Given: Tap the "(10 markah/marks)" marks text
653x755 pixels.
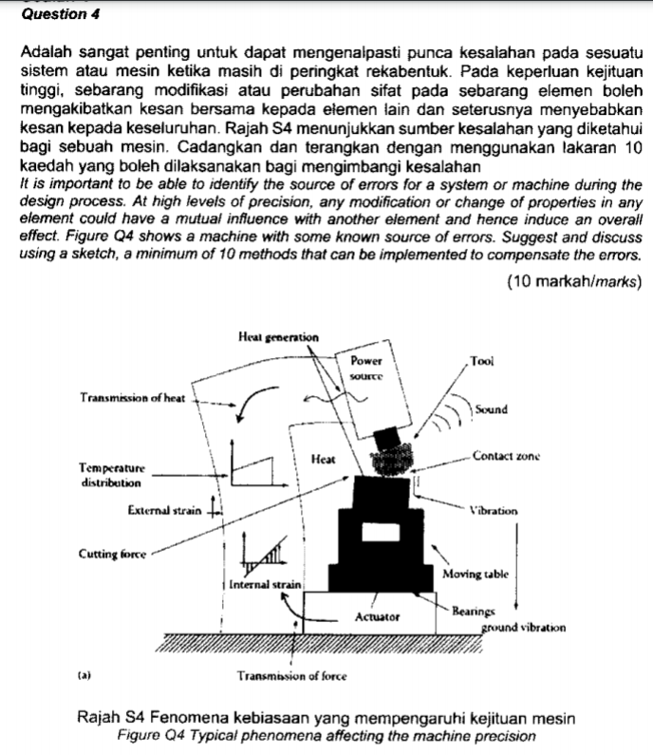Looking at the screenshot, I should tap(574, 281).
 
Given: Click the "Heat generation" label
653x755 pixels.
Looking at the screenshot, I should tap(279, 337).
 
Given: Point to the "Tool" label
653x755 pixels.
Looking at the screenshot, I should tap(482, 361).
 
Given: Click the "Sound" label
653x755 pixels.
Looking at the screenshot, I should tap(491, 409).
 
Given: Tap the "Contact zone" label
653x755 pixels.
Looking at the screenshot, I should tap(506, 457).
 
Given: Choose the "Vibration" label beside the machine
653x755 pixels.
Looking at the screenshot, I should tap(493, 510).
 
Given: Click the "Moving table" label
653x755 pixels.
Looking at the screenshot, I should tap(475, 575).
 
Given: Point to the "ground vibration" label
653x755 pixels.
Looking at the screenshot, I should tap(523, 628).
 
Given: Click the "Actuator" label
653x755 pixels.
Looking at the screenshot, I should tap(377, 616).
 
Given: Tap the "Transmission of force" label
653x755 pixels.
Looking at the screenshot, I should tap(291, 676).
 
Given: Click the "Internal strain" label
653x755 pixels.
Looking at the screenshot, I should tap(266, 585).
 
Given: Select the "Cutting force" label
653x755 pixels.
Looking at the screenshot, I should tap(112, 554).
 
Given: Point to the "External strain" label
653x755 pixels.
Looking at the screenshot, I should tap(164, 510).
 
